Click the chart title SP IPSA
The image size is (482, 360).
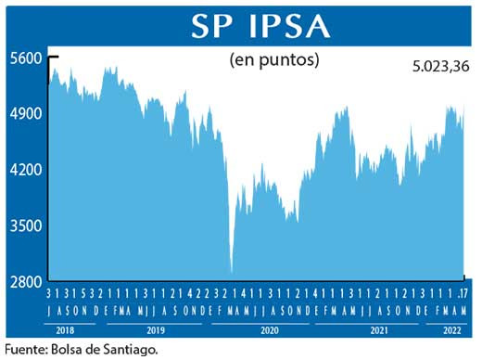pos(260,25)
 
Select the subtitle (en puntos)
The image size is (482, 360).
pos(273,61)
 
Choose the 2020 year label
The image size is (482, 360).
pos(269,330)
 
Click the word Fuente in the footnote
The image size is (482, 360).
pos(27,350)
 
